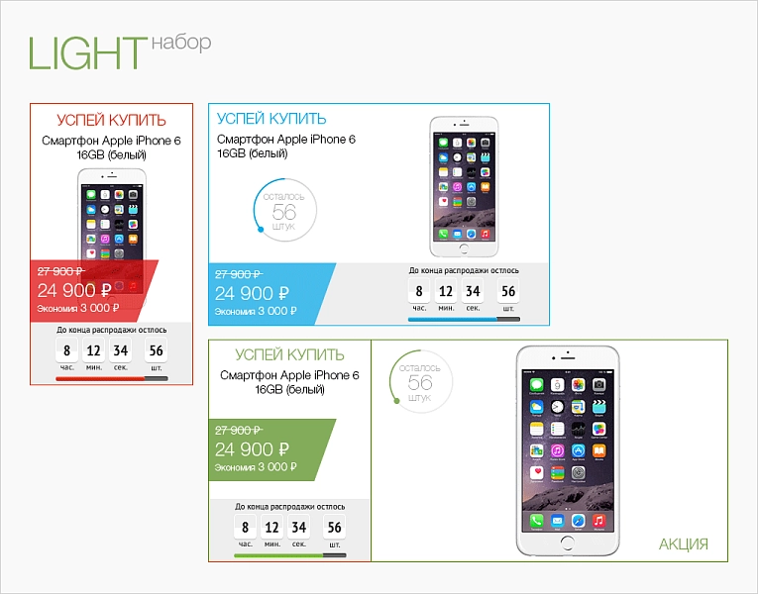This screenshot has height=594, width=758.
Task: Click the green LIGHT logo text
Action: pos(87,53)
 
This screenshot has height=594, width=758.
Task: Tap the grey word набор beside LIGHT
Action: pos(181,43)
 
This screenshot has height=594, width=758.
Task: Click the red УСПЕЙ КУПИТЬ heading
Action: pos(111,120)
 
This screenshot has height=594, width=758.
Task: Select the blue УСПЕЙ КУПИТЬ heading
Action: pos(271,119)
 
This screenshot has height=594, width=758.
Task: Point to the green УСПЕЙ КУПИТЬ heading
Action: pos(289,354)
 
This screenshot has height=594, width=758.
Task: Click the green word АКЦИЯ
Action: pos(683,544)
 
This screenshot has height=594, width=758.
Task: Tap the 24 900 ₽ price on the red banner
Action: pos(74,290)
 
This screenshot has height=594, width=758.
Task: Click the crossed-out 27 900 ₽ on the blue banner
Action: pos(239,274)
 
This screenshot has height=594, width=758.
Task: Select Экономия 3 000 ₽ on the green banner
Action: pos(256,467)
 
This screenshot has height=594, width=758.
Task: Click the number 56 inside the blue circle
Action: pos(283,212)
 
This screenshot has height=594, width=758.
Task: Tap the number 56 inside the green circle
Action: pos(419,382)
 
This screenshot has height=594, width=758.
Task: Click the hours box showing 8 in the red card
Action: pos(66,350)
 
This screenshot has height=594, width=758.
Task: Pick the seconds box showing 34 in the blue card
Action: pos(473,291)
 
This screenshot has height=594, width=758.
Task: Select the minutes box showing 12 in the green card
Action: pos(272,528)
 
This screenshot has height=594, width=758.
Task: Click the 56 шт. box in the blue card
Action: pos(508,291)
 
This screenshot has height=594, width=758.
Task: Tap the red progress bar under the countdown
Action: pos(112,379)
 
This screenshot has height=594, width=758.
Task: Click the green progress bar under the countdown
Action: pos(290,555)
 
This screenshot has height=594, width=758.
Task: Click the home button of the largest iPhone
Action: pos(567,543)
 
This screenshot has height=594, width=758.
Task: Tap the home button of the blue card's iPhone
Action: pos(464,249)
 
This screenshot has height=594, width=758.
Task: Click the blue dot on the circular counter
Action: pos(261,230)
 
